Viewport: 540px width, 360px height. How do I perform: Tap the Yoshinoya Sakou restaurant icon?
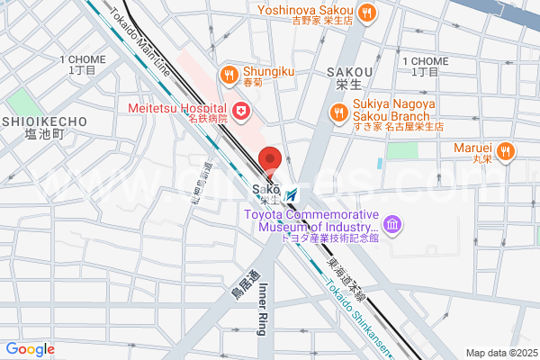click(x=366, y=13)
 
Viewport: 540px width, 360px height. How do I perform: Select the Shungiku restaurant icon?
click(x=230, y=75)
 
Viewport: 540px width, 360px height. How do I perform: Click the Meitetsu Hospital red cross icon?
click(x=241, y=111)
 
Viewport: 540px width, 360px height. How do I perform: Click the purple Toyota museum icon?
click(x=391, y=223)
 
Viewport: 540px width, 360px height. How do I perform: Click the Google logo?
click(x=30, y=349)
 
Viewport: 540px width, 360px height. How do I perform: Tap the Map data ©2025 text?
click(x=501, y=353)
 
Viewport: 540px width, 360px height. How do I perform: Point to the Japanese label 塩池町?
click(x=45, y=134)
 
